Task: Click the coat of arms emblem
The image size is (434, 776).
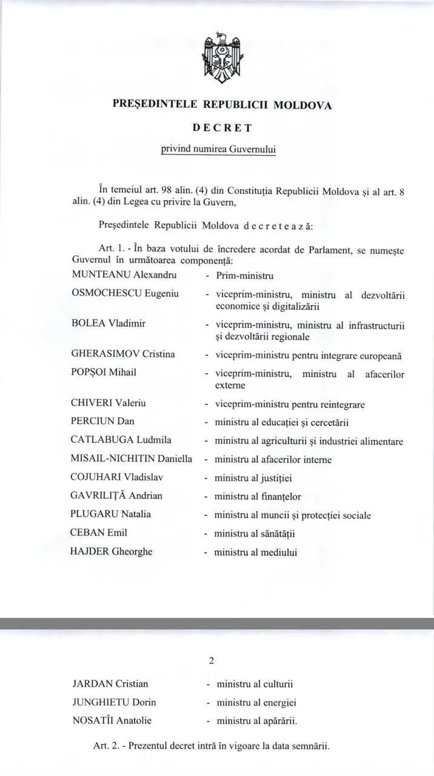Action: click(221, 59)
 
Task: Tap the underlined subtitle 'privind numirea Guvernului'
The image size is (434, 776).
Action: click(218, 149)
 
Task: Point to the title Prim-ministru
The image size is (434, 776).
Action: click(241, 275)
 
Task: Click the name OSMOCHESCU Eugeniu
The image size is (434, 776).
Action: click(125, 293)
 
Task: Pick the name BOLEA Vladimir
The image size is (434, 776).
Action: click(109, 323)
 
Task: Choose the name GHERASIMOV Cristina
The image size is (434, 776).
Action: click(123, 353)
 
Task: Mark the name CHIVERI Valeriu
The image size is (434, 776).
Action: click(109, 403)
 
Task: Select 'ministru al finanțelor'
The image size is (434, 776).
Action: click(258, 497)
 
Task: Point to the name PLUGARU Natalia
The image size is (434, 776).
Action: click(111, 514)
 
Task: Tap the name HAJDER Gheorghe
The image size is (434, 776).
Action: click(112, 551)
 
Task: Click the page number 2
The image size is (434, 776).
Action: click(211, 660)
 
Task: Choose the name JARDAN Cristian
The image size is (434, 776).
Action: click(110, 684)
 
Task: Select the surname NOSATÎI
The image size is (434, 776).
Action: click(93, 721)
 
